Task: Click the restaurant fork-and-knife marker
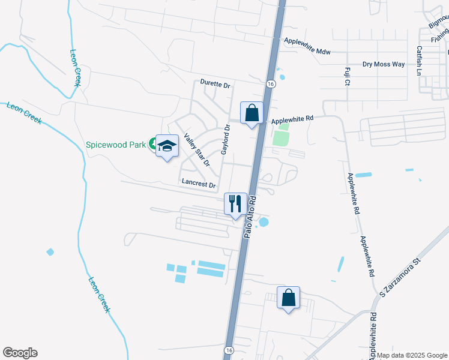pyautogui.click(x=235, y=203)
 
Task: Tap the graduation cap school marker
pyautogui.click(x=167, y=146)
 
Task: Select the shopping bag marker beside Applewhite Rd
pyautogui.click(x=252, y=112)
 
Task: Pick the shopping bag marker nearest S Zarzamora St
pyautogui.click(x=288, y=297)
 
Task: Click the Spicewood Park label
pyautogui.click(x=116, y=145)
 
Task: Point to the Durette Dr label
pyautogui.click(x=215, y=85)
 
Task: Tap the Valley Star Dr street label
pyautogui.click(x=197, y=149)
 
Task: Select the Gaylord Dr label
pyautogui.click(x=225, y=139)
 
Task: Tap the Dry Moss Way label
pyautogui.click(x=384, y=64)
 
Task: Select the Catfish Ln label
pyautogui.click(x=420, y=61)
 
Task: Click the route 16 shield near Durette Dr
pyautogui.click(x=271, y=84)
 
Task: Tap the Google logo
pyautogui.click(x=20, y=353)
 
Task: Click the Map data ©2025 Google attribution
pyautogui.click(x=412, y=355)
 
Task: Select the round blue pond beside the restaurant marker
pyautogui.click(x=264, y=222)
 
